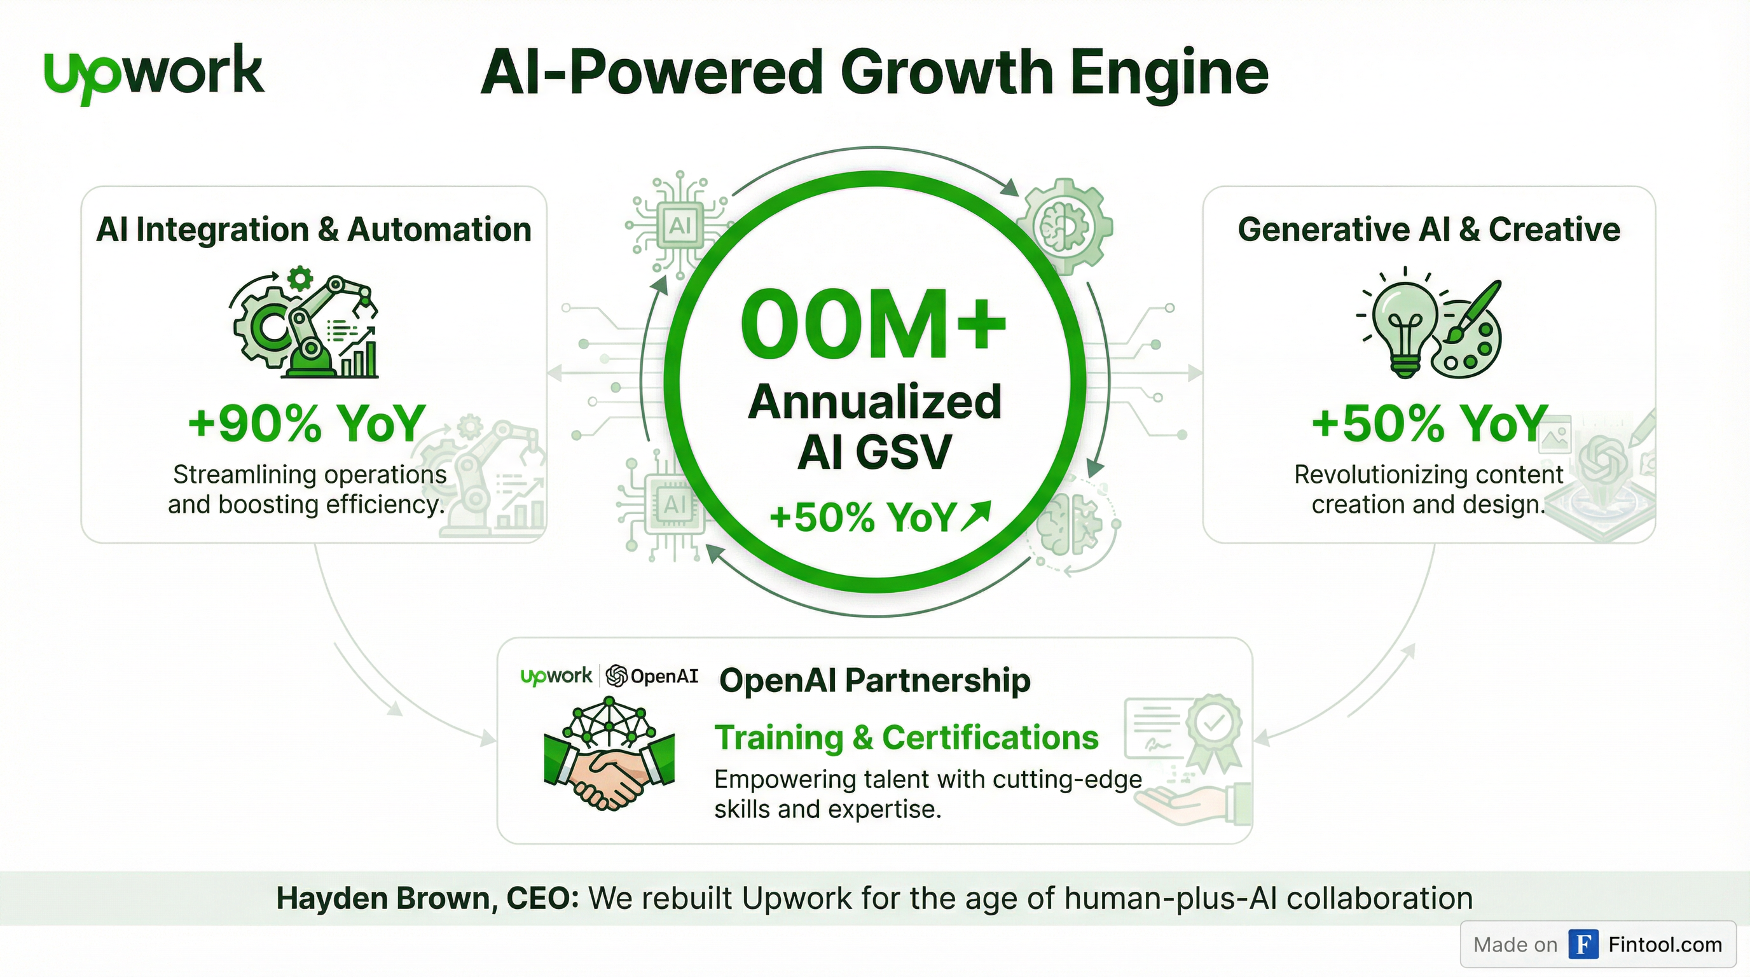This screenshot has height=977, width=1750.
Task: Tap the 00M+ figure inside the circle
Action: (x=873, y=324)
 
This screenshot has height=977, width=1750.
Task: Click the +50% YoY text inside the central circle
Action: (x=863, y=518)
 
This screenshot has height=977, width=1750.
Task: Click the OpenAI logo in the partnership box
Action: (x=652, y=676)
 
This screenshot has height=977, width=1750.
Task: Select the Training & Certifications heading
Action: (x=906, y=738)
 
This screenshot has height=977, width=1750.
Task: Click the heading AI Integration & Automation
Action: (x=313, y=230)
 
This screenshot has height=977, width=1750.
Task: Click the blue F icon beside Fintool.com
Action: (x=1583, y=945)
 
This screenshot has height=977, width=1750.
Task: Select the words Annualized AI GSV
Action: (x=874, y=427)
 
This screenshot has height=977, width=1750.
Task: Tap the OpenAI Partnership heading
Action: (x=874, y=680)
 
